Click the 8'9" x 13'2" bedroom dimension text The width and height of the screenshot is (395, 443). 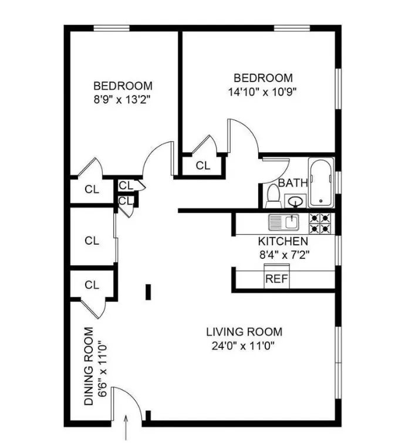click(122, 99)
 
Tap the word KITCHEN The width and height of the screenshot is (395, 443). click(283, 241)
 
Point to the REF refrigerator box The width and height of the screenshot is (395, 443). click(276, 279)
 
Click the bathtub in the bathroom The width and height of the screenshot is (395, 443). click(322, 182)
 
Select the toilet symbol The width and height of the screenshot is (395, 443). click(272, 195)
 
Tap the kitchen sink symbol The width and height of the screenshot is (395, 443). click(284, 222)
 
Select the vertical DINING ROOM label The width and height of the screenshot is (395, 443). click(89, 366)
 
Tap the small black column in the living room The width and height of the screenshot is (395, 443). click(148, 292)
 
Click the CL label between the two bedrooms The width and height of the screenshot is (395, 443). click(202, 165)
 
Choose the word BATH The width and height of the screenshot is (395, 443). click(293, 182)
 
